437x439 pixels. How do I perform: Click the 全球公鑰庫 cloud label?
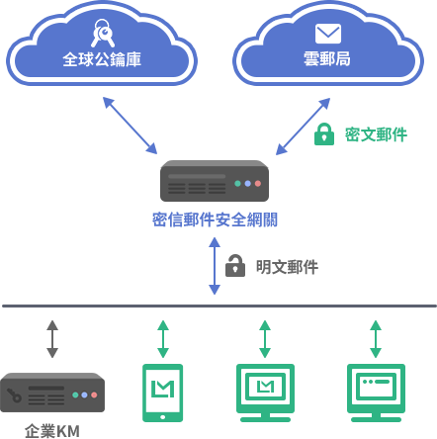[x=102, y=59]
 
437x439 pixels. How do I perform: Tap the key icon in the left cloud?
[x=103, y=33]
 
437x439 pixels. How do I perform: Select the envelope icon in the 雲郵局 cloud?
[x=328, y=34]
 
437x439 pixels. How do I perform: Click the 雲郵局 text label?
[x=327, y=59]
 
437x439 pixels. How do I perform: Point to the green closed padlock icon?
[x=324, y=134]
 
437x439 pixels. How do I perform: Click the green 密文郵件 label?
[x=376, y=134]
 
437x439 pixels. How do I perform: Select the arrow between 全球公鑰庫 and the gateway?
[x=130, y=126]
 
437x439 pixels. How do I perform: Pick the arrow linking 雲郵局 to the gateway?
[x=303, y=127]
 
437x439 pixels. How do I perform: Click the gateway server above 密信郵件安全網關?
[x=215, y=181]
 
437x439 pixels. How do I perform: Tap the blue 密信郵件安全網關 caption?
[x=215, y=219]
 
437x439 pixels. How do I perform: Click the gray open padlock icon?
[x=235, y=265]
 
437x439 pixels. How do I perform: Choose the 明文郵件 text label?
[x=287, y=267]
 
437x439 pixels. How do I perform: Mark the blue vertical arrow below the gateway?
[x=215, y=266]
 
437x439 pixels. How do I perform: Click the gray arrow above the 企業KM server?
[x=52, y=339]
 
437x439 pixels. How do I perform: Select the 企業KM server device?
[x=52, y=393]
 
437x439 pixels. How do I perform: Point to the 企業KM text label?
[x=52, y=431]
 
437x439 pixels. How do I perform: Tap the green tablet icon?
[x=162, y=393]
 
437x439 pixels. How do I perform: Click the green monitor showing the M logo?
[x=265, y=393]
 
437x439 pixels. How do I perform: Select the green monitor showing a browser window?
[x=376, y=393]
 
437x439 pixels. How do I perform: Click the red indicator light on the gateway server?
[x=258, y=184]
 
